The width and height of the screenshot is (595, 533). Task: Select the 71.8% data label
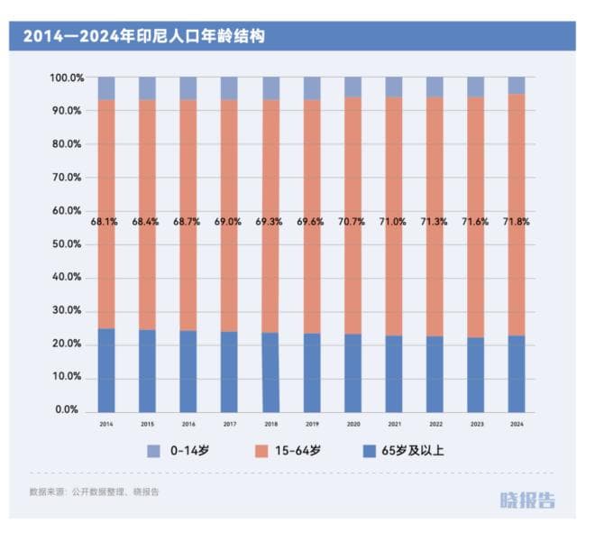point(516,221)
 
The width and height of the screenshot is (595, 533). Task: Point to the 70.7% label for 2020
point(352,221)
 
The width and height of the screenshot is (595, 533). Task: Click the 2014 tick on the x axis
point(106,423)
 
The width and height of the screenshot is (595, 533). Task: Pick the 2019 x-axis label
point(311,423)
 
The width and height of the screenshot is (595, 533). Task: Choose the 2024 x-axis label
point(516,423)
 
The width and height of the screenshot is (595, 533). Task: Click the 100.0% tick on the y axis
point(67,78)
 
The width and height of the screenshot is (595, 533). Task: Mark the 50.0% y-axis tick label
point(67,244)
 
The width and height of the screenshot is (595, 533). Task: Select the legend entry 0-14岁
point(186,451)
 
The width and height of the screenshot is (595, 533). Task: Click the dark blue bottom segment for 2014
point(106,370)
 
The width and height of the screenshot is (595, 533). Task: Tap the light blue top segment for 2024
point(516,86)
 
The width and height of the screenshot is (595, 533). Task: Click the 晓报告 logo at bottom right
point(529,500)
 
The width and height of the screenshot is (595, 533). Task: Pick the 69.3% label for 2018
point(270,221)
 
